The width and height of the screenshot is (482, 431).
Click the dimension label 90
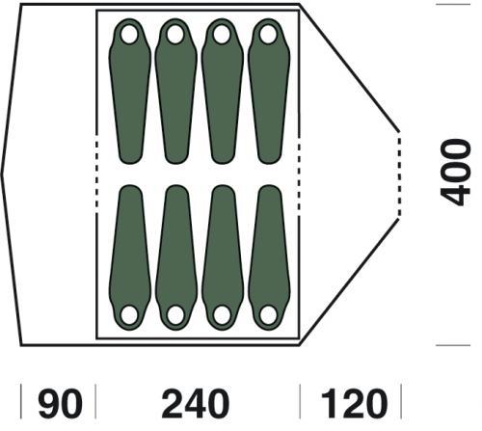point(60,403)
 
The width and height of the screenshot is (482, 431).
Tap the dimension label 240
point(196,403)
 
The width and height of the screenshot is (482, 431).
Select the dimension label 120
point(354,403)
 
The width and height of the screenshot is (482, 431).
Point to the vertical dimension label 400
point(455,173)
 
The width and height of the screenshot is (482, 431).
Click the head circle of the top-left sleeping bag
point(129,35)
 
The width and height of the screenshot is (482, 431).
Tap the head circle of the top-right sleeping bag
point(268,35)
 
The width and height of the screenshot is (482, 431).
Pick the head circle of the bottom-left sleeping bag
point(129,315)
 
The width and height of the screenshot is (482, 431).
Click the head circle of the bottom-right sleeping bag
point(268,315)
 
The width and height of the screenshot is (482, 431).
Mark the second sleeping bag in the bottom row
point(176,257)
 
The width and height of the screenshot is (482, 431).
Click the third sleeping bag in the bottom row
point(223,257)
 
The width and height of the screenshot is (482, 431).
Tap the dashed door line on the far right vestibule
point(399,175)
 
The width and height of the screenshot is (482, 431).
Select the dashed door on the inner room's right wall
point(299,175)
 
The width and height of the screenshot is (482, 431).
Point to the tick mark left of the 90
point(21,401)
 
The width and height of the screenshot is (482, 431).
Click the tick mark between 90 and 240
point(95,401)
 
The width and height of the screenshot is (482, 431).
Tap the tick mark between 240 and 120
point(300,401)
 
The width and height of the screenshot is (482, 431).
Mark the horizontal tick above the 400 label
point(453,5)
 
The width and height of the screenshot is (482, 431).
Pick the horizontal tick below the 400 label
point(453,345)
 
